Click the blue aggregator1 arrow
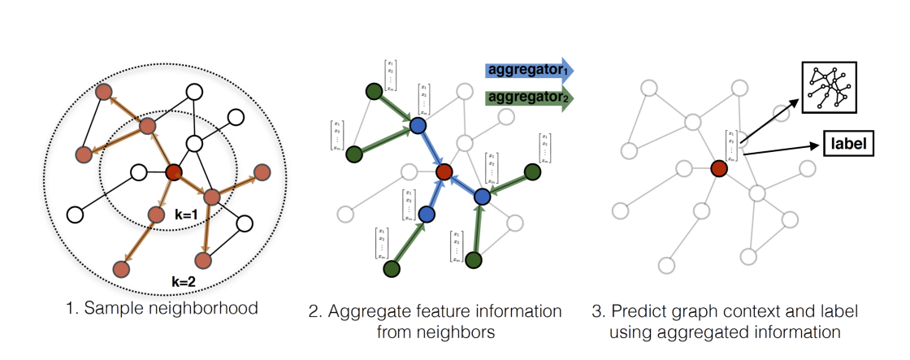point(529,72)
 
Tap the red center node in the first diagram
point(173,172)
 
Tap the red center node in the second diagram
point(444,172)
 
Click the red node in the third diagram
point(718,168)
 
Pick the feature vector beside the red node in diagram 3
point(731,145)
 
